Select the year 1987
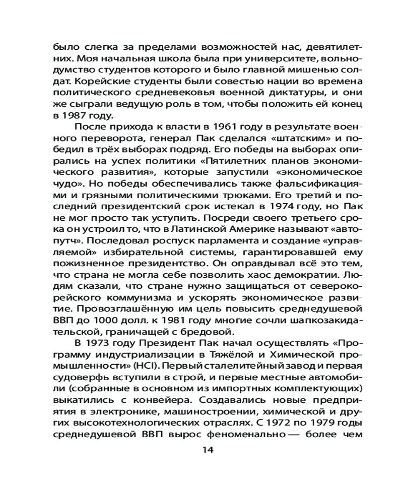[72, 114]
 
